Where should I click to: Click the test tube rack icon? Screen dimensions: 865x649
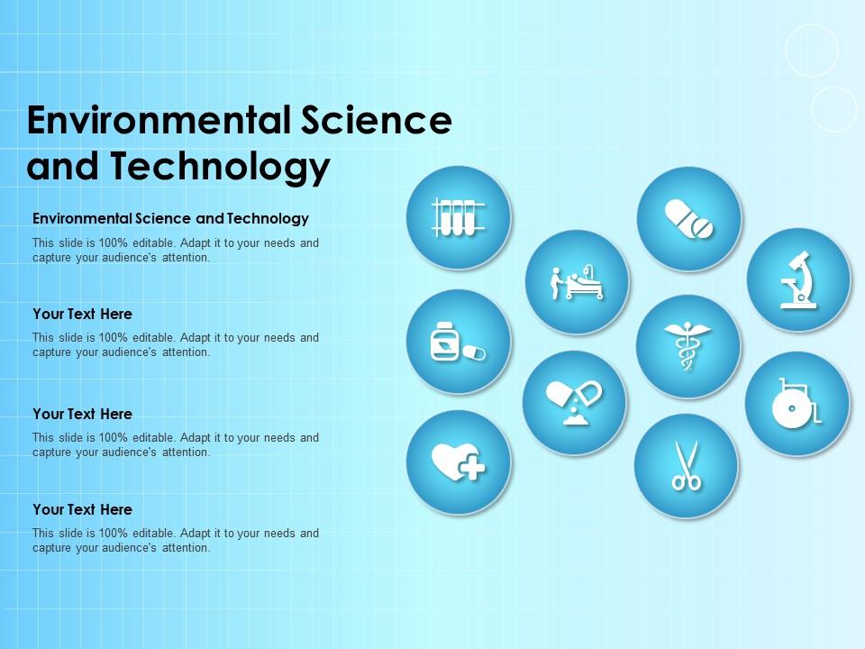[459, 217]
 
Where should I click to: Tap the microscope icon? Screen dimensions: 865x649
[797, 279]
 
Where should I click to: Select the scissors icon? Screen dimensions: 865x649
[686, 466]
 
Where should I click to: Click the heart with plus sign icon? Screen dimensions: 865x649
[459, 462]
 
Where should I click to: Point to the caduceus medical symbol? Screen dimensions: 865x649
[687, 346]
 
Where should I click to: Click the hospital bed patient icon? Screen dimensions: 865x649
[577, 282]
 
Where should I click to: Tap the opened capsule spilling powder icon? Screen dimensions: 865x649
[574, 402]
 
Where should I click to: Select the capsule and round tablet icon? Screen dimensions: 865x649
[688, 219]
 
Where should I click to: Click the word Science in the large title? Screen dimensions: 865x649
[377, 120]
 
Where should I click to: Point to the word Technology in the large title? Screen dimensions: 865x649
[221, 166]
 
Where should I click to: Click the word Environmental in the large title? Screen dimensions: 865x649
[159, 120]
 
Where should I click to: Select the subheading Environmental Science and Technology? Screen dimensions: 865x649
[170, 218]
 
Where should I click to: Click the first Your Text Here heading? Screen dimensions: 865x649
[82, 314]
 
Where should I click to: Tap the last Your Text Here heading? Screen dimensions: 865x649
[82, 509]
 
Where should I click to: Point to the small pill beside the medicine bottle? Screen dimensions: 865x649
[474, 352]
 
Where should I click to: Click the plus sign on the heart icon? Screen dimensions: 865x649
[471, 468]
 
